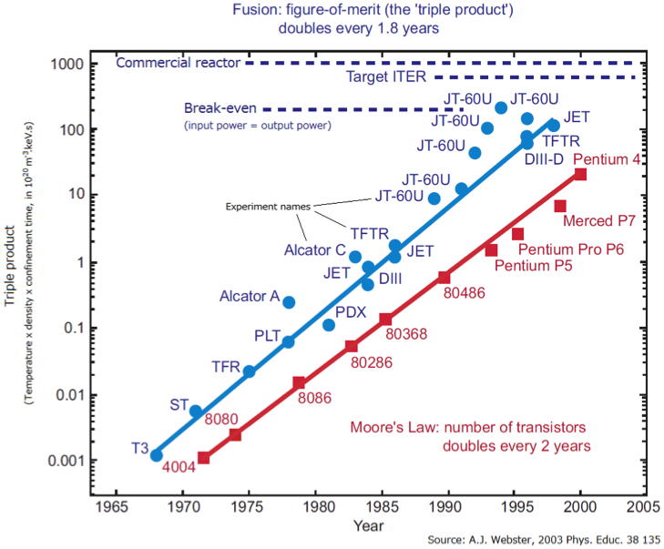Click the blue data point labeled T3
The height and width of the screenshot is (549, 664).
156,454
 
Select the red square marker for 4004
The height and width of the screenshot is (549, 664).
204,457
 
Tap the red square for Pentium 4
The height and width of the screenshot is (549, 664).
580,174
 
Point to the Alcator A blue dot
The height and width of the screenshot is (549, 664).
289,302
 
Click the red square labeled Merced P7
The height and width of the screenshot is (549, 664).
560,206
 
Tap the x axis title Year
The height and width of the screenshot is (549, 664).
368,525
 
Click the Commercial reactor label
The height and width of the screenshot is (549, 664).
179,63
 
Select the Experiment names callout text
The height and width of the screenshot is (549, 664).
266,207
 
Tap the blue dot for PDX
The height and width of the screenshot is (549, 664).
329,325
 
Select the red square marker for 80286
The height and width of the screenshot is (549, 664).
352,346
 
